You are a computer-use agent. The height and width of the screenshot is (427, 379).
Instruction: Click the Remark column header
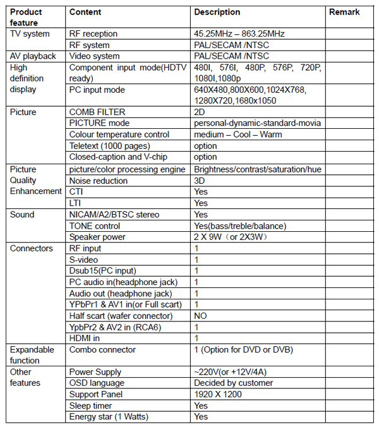[344, 12]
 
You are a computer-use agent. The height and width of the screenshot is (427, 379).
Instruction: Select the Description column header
[217, 12]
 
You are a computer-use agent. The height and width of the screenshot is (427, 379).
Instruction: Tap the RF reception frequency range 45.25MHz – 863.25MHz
[242, 33]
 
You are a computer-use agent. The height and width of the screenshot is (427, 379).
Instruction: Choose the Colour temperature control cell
[119, 135]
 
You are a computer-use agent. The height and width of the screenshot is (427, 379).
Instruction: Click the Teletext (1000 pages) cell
[109, 146]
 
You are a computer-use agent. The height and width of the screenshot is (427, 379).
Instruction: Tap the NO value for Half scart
[200, 316]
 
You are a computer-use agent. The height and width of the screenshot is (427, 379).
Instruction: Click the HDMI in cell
[85, 339]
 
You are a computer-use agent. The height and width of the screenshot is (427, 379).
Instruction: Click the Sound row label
[22, 215]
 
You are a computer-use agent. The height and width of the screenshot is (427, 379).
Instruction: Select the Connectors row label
[31, 248]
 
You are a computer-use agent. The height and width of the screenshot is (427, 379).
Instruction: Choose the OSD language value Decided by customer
[233, 383]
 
